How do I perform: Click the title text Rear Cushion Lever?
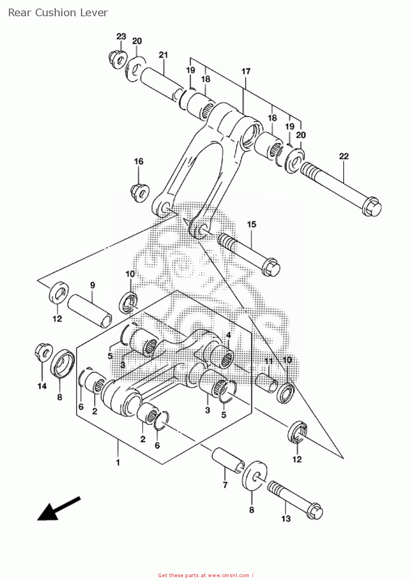pyautogui.click(x=58, y=13)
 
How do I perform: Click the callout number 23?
pyautogui.click(x=121, y=36)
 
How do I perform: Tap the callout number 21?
pyautogui.click(x=163, y=55)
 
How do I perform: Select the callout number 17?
pyautogui.click(x=246, y=71)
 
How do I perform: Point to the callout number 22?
pyautogui.click(x=344, y=156)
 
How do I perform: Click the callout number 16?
pyautogui.click(x=139, y=162)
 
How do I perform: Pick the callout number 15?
pyautogui.click(x=251, y=224)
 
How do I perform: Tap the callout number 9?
pyautogui.click(x=93, y=285)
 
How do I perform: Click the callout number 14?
pyautogui.click(x=42, y=386)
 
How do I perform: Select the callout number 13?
pyautogui.click(x=286, y=519)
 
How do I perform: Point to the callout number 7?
pyautogui.click(x=225, y=485)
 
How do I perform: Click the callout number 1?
pyautogui.click(x=118, y=462)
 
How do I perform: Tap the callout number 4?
pyautogui.click(x=228, y=335)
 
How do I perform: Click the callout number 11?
pyautogui.click(x=269, y=361)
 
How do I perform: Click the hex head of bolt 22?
pyautogui.click(x=372, y=206)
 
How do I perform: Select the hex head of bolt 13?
pyautogui.click(x=315, y=511)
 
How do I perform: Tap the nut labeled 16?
pyautogui.click(x=140, y=193)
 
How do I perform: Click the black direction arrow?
pyautogui.click(x=59, y=508)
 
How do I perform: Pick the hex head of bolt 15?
pyautogui.click(x=271, y=267)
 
